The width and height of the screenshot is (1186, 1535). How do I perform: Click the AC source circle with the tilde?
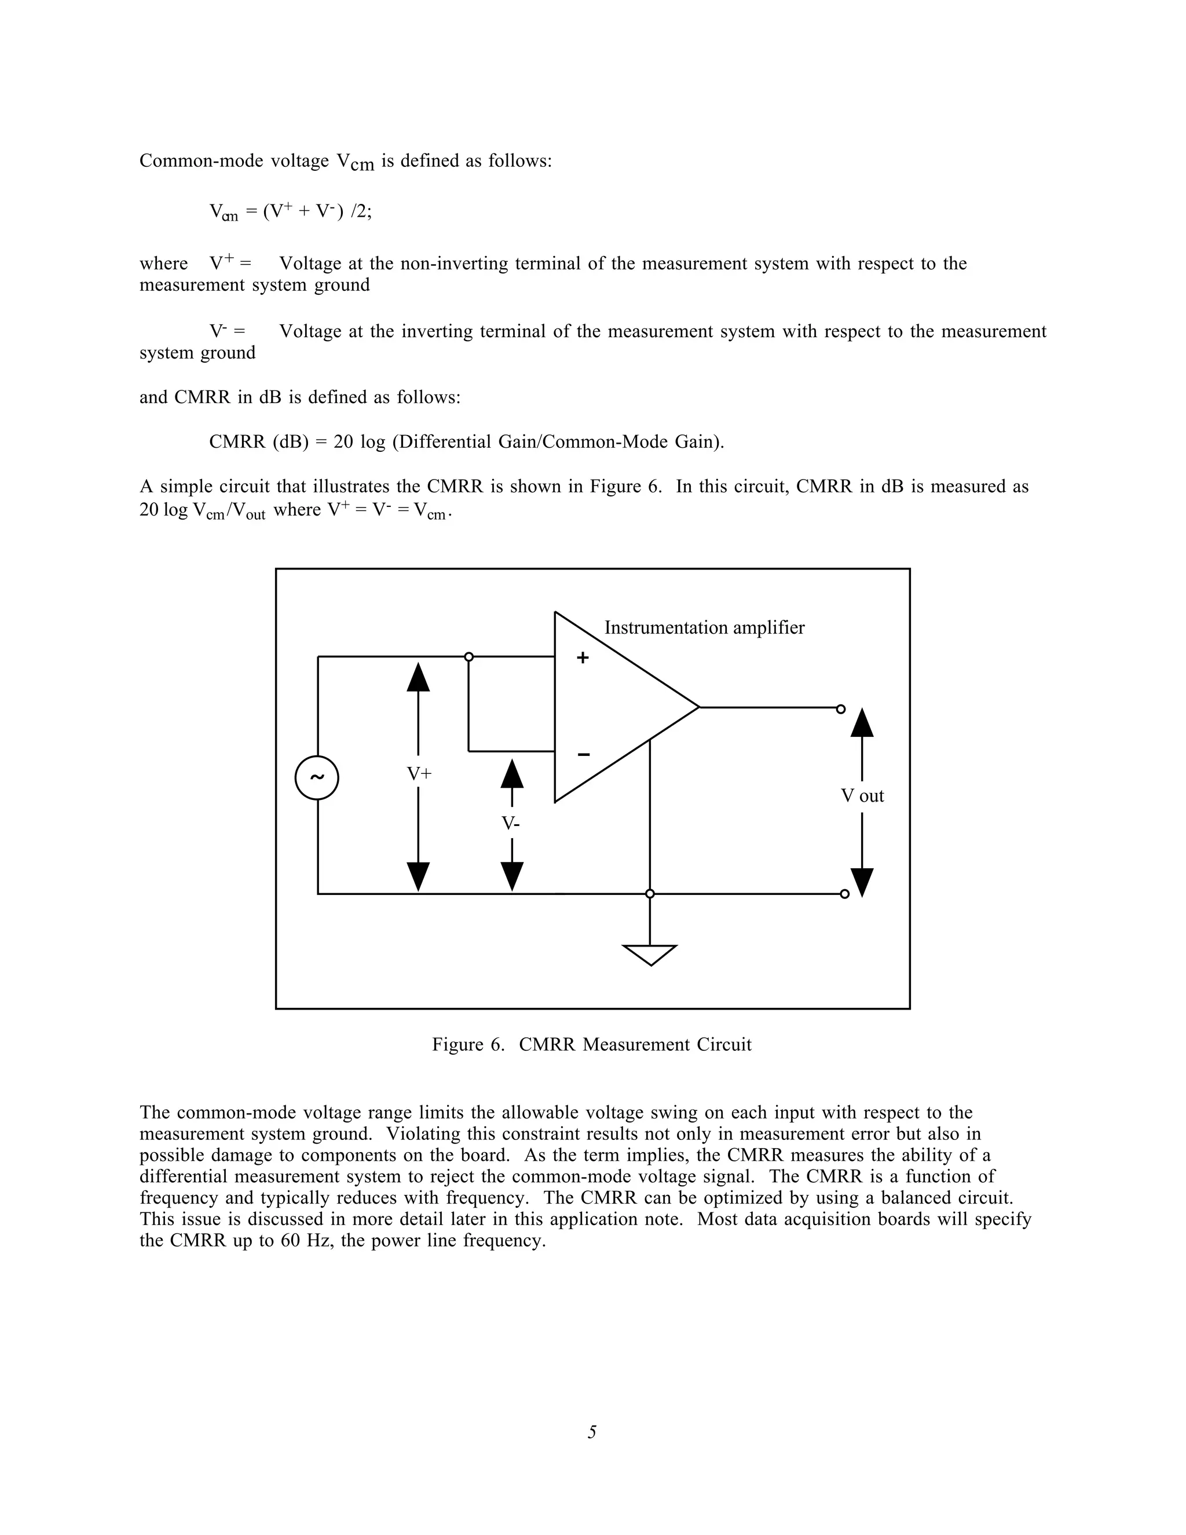317,778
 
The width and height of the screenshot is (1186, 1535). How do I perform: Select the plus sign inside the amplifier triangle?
583,659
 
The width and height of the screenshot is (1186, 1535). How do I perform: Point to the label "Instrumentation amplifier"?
704,628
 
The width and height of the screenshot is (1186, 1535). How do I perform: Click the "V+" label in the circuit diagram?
419,774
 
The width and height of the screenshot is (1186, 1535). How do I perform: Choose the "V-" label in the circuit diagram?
511,823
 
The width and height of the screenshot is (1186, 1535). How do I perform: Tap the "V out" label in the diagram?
862,796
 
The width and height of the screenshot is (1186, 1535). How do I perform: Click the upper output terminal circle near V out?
840,709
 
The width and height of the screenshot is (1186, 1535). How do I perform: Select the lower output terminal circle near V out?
844,894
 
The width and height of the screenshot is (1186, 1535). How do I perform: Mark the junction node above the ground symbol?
650,894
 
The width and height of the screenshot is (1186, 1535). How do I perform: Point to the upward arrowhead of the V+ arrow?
418,677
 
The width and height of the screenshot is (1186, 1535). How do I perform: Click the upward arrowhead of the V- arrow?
511,774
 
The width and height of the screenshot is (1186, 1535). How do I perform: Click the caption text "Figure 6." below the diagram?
468,1045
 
